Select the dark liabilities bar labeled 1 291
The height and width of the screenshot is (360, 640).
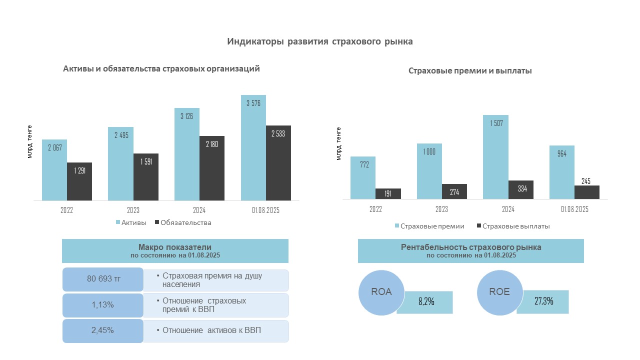pos(79,181)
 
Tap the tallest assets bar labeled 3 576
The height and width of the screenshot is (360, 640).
pos(253,147)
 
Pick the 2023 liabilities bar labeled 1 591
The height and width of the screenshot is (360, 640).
pos(146,177)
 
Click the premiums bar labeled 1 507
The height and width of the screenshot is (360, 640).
pos(495,157)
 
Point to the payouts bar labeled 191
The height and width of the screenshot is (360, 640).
pos(388,194)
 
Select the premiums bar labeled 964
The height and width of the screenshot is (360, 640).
pos(562,172)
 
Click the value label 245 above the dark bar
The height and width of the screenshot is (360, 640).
pos(586,181)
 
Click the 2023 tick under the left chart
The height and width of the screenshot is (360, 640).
pos(132,210)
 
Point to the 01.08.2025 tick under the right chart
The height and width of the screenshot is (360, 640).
pos(574,209)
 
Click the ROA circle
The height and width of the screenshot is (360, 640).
pos(381,292)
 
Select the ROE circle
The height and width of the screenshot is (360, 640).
pos(500,292)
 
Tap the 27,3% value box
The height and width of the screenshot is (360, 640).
pos(543,301)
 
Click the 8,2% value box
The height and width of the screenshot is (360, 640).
pos(425,302)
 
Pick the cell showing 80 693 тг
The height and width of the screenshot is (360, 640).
pos(103,279)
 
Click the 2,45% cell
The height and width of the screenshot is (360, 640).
pos(103,330)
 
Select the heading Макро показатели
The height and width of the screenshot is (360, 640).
pos(175,247)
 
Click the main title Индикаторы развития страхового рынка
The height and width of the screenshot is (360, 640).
pos(320,41)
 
